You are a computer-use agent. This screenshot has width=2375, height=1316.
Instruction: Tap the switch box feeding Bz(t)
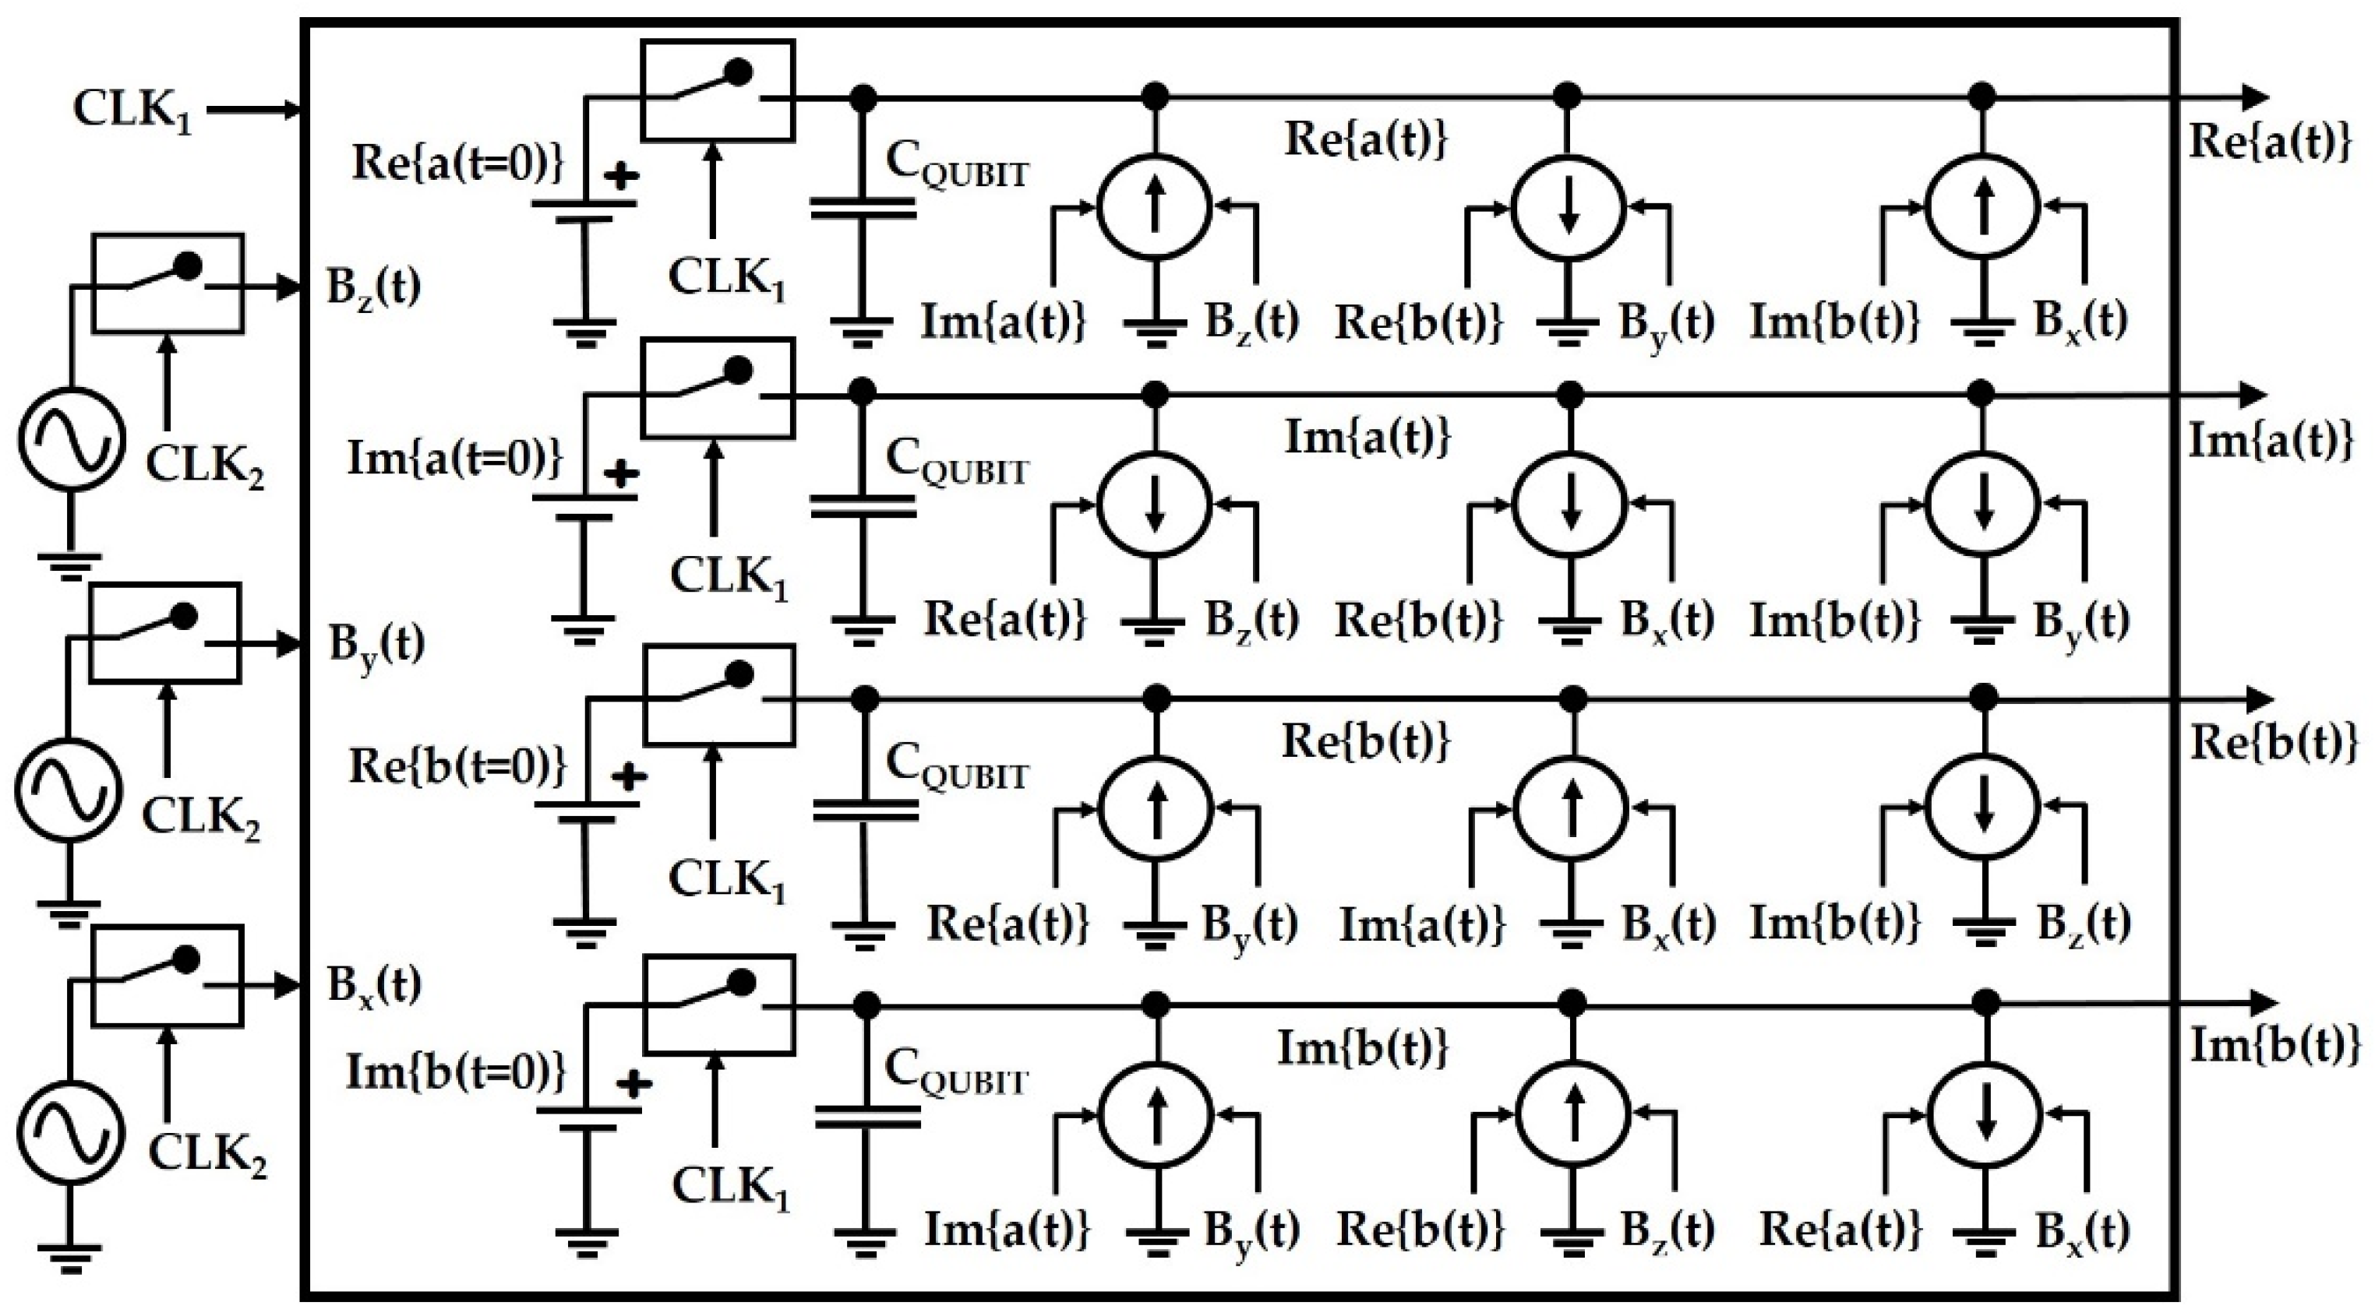[167, 283]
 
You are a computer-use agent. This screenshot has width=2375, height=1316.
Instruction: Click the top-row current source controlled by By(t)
[1569, 208]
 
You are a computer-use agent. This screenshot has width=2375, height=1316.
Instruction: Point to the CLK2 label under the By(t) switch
[201, 818]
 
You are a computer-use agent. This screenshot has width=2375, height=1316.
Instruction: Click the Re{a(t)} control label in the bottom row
[1840, 1230]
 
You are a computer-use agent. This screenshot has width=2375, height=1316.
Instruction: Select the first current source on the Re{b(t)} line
[1156, 808]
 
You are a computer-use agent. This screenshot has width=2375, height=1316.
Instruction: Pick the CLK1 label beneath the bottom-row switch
[730, 1188]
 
